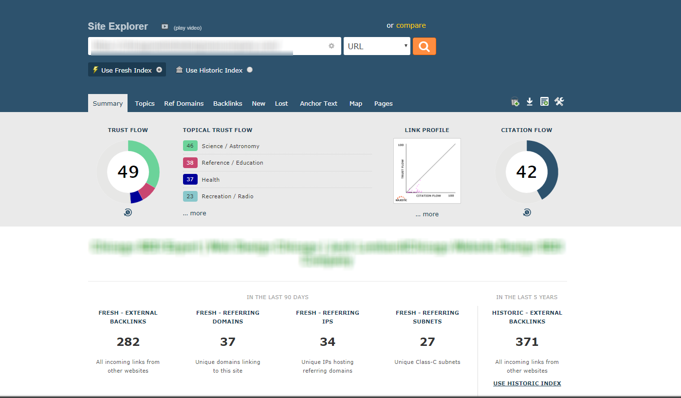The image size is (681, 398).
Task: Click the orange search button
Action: click(x=424, y=46)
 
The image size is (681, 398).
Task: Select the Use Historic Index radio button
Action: click(x=250, y=70)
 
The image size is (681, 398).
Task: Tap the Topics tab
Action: click(x=145, y=103)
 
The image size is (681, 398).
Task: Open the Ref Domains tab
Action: click(x=184, y=103)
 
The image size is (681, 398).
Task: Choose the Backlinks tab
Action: click(x=227, y=103)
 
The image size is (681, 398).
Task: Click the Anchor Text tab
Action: click(x=318, y=103)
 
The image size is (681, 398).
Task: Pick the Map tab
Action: click(x=355, y=103)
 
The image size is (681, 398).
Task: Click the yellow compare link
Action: click(x=411, y=25)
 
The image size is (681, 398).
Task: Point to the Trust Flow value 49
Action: click(x=128, y=171)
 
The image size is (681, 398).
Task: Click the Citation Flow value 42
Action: click(x=526, y=171)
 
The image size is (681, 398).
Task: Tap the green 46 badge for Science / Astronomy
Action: click(x=190, y=146)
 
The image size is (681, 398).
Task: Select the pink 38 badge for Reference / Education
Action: click(x=190, y=163)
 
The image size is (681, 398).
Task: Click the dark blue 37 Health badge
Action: click(x=190, y=179)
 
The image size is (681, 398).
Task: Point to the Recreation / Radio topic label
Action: click(x=227, y=196)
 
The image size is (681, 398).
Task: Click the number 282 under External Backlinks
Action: click(x=128, y=342)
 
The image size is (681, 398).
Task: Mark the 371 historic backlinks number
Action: click(x=527, y=342)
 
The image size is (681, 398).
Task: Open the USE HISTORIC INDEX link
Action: click(x=527, y=383)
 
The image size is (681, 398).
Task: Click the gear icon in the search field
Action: click(x=331, y=46)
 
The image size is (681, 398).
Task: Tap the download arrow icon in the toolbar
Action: click(x=530, y=102)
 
